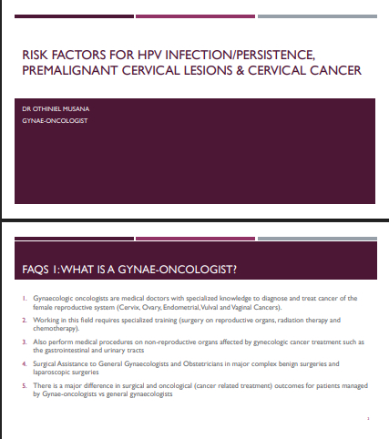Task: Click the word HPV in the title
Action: pyautogui.click(x=149, y=55)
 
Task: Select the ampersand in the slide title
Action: pyautogui.click(x=240, y=70)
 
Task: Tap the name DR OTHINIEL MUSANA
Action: pyautogui.click(x=56, y=109)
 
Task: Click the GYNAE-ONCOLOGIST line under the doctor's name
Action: pyautogui.click(x=55, y=121)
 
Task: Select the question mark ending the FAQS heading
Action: pyautogui.click(x=234, y=270)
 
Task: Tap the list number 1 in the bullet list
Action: pyautogui.click(x=25, y=299)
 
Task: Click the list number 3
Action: pyautogui.click(x=25, y=342)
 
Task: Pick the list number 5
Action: pyautogui.click(x=25, y=386)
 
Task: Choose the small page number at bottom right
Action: pyautogui.click(x=368, y=419)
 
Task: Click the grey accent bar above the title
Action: pyautogui.click(x=317, y=16)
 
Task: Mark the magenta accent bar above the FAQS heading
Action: pyautogui.click(x=195, y=239)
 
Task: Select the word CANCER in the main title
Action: pyautogui.click(x=335, y=70)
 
